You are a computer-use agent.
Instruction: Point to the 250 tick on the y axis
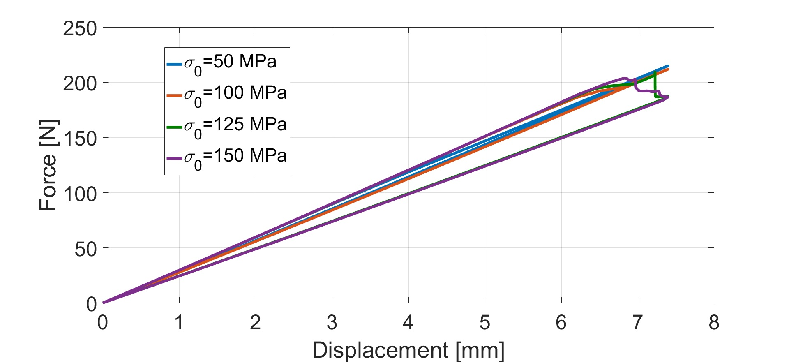[x=80, y=29]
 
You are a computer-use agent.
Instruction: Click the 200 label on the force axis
[x=80, y=84]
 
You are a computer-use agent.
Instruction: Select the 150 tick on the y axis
[x=80, y=139]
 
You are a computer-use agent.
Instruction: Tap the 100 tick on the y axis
[x=80, y=194]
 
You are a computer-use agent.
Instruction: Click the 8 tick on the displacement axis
[x=714, y=323]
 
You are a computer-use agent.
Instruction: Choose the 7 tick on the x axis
[x=637, y=323]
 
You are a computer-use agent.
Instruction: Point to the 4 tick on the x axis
[x=408, y=323]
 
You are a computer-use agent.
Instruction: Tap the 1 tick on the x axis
[x=179, y=323]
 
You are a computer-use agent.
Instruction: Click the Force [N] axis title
[x=48, y=165]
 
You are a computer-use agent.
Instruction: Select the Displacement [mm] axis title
[x=408, y=351]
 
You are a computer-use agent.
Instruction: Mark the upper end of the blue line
[x=668, y=66]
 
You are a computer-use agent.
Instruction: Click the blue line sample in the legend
[x=174, y=64]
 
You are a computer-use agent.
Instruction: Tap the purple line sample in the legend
[x=174, y=158]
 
